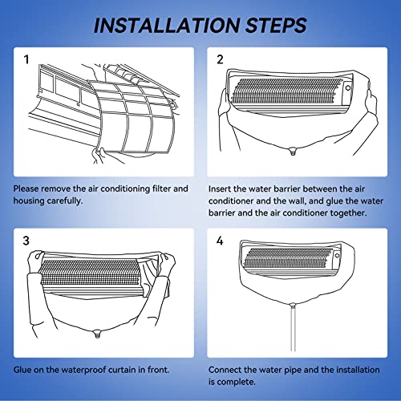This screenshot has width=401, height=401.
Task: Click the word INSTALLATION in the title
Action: pos(167,26)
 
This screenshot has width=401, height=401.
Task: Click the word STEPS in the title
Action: pos(276,26)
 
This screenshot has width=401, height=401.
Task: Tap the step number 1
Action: pos(26,59)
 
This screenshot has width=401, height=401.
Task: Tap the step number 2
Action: pos(220,59)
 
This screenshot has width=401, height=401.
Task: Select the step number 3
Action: pos(26,241)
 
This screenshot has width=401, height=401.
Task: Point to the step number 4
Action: pos(220,241)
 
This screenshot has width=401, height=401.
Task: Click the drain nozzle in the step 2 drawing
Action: pos(293,152)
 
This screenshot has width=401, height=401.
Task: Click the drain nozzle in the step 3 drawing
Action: pos(97,334)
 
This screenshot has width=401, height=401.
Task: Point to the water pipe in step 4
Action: pos(293,328)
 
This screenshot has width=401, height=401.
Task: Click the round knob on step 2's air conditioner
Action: pos(348,87)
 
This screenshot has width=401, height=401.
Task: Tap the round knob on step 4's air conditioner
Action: pos(337,255)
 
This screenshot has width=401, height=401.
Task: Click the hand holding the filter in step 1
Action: pos(99,155)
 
